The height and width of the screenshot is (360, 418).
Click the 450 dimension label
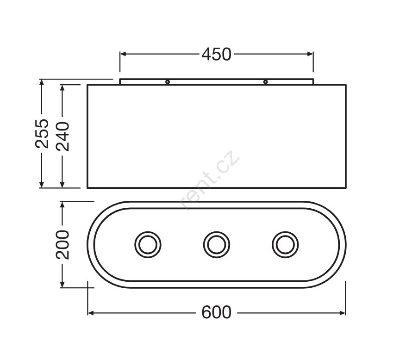click(x=216, y=54)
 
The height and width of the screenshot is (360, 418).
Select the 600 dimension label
click(x=216, y=312)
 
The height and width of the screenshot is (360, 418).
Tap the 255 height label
click(x=42, y=133)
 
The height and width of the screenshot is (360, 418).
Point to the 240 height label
click(x=62, y=136)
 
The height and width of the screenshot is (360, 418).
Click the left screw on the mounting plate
click(x=168, y=82)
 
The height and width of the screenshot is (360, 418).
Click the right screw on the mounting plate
click(x=265, y=82)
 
